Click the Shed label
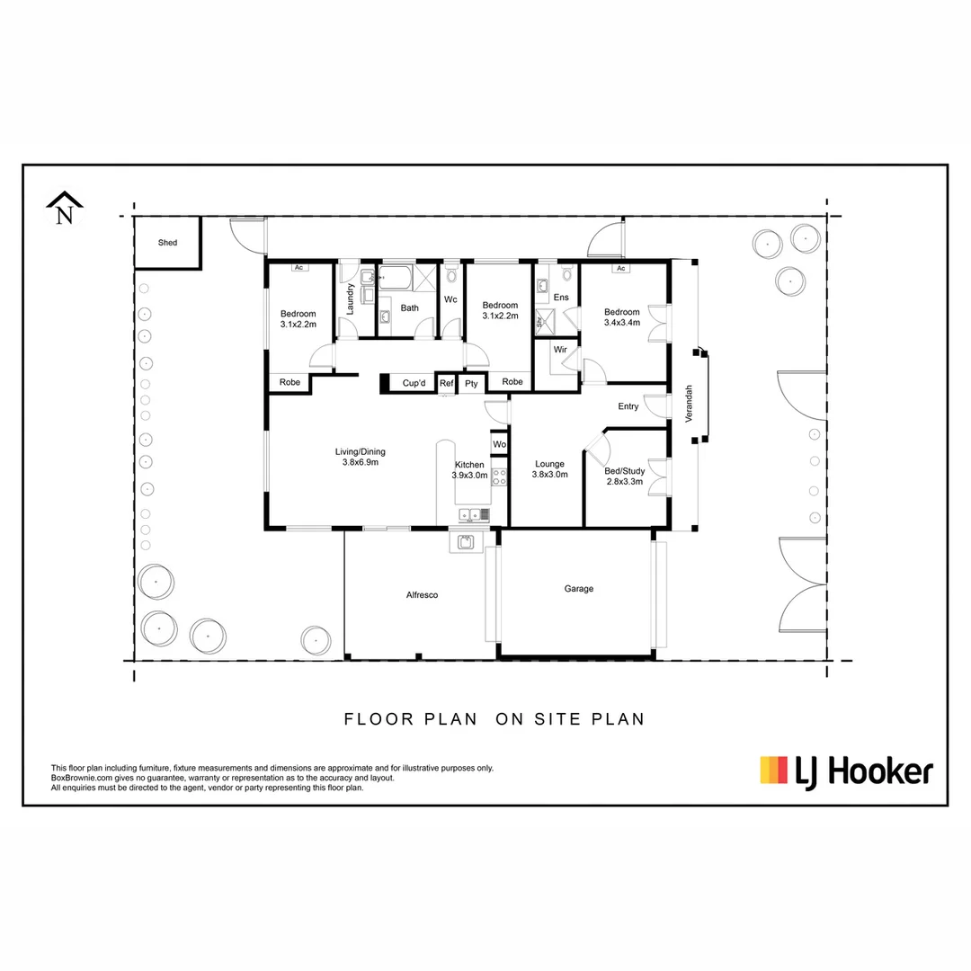pyautogui.click(x=167, y=243)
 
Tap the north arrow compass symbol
pyautogui.click(x=64, y=210)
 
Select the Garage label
pyautogui.click(x=579, y=589)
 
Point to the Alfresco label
pyautogui.click(x=422, y=595)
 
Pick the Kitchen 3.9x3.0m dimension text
pyautogui.click(x=469, y=475)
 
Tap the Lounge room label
pyautogui.click(x=549, y=464)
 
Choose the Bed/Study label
pyautogui.click(x=624, y=470)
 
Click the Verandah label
pyautogui.click(x=690, y=404)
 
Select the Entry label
pyautogui.click(x=628, y=406)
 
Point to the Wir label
pyautogui.click(x=559, y=349)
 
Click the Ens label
pyautogui.click(x=561, y=297)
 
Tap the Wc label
pyautogui.click(x=450, y=299)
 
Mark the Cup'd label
pyautogui.click(x=414, y=382)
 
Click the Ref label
pyautogui.click(x=447, y=382)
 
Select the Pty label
pyautogui.click(x=471, y=383)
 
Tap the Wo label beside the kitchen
pyautogui.click(x=499, y=444)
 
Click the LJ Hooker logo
pyautogui.click(x=846, y=771)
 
